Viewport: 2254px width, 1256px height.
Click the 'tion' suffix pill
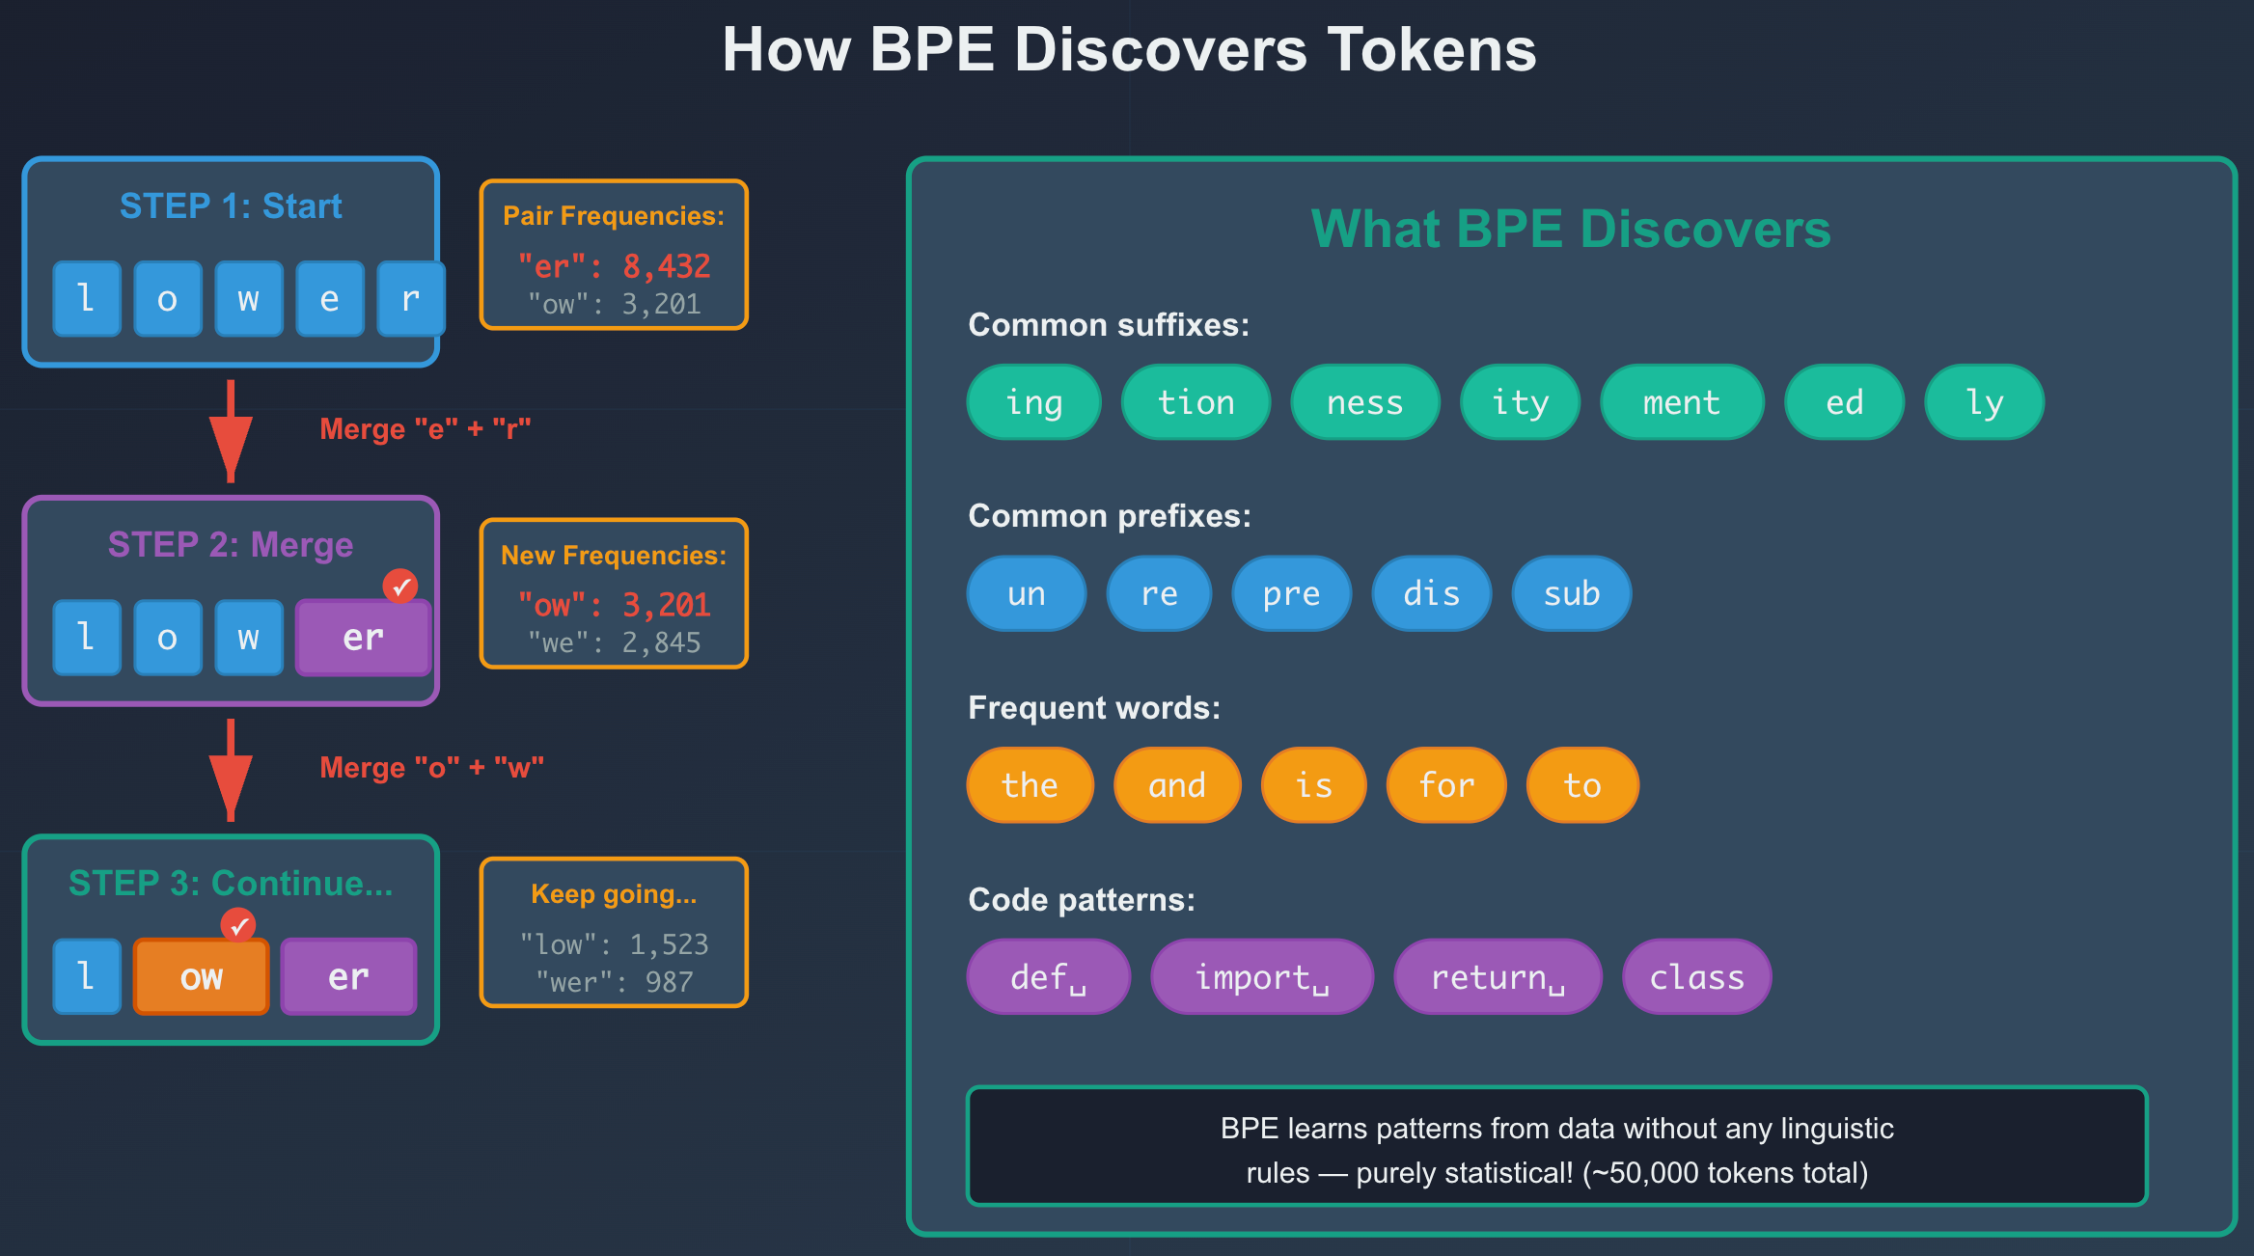pyautogui.click(x=1196, y=402)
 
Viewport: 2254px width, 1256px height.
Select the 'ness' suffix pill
pyautogui.click(x=1364, y=402)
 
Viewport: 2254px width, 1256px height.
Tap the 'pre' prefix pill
pyautogui.click(x=1291, y=593)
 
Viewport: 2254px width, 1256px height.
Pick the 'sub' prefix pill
pyautogui.click(x=1571, y=593)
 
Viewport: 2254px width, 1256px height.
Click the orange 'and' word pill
pyautogui.click(x=1176, y=785)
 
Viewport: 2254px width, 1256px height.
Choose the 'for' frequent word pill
pyautogui.click(x=1445, y=785)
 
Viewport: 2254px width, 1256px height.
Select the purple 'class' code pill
pyautogui.click(x=1696, y=977)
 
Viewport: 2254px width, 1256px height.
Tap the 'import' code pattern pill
pyautogui.click(x=1261, y=977)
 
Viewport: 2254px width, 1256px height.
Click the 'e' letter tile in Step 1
pyautogui.click(x=329, y=299)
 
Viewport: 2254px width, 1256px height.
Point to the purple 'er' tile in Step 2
pyautogui.click(x=363, y=638)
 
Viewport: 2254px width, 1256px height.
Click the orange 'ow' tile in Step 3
pyautogui.click(x=201, y=977)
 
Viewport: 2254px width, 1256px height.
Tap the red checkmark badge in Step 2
pyautogui.click(x=400, y=586)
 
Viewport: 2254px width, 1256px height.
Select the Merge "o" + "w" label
pyautogui.click(x=431, y=768)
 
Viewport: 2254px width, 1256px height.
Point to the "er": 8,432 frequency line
pyautogui.click(x=614, y=265)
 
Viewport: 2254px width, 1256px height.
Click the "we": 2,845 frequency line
pyautogui.click(x=614, y=642)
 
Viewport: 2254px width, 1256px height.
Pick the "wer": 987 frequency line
pyautogui.click(x=614, y=982)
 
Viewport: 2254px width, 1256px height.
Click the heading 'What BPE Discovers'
pyautogui.click(x=1570, y=230)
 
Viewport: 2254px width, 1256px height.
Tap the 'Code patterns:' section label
pyautogui.click(x=1081, y=900)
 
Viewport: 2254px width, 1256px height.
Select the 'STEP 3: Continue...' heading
pyautogui.click(x=231, y=884)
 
